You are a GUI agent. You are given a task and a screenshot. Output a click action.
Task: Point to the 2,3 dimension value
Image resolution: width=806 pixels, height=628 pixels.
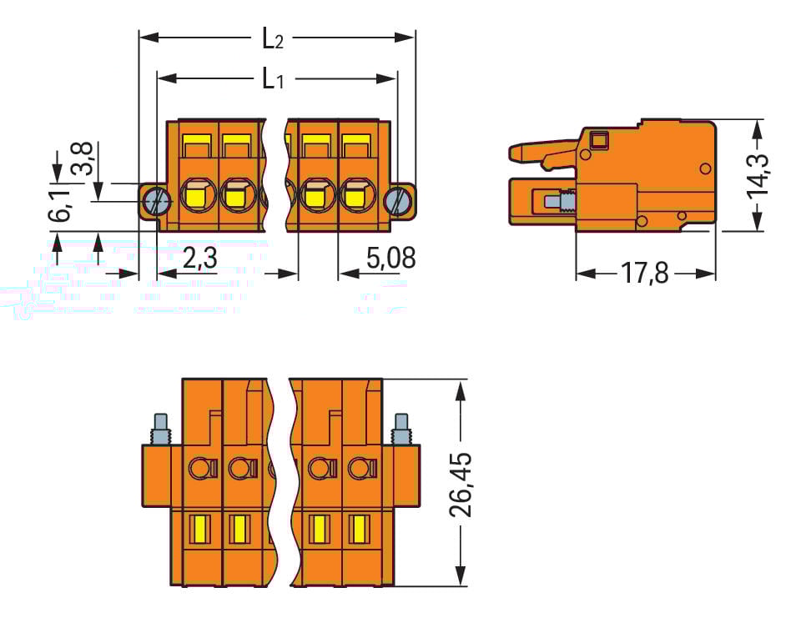coord(199,258)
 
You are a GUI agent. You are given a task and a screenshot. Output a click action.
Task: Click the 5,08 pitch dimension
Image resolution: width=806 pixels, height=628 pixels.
coord(390,258)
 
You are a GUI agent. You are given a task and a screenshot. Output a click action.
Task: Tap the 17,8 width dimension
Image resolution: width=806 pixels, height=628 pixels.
coord(645,274)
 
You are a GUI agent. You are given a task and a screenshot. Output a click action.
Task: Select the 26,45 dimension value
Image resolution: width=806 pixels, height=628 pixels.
coord(461,484)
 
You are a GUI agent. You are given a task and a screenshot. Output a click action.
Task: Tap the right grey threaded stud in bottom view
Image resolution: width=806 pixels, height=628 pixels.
coord(400,429)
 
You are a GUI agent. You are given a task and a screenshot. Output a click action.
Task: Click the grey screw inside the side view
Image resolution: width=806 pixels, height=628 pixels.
coord(556,202)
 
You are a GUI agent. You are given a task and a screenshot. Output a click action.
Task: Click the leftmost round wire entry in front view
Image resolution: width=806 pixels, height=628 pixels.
coord(197,196)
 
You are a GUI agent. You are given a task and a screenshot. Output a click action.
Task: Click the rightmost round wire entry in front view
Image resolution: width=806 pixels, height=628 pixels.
coord(355,196)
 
